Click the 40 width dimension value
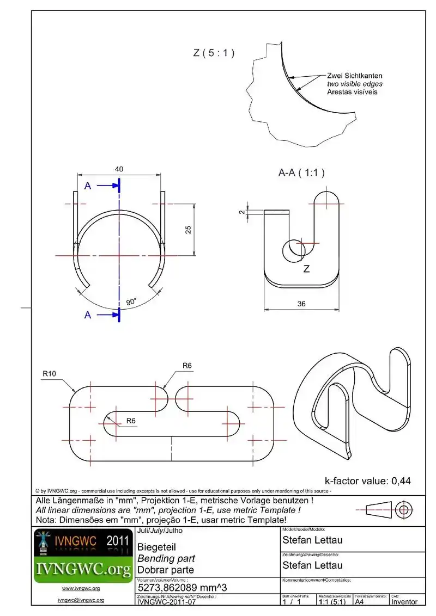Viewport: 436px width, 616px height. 119,169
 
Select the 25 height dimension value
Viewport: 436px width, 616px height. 188,229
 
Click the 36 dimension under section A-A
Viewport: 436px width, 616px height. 301,304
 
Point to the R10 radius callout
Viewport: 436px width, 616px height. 51,374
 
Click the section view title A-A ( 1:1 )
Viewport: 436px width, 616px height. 301,173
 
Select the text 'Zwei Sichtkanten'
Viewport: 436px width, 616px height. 355,76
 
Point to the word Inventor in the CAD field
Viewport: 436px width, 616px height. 404,601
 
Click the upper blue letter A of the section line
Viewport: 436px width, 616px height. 88,186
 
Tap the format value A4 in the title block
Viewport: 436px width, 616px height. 360,601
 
